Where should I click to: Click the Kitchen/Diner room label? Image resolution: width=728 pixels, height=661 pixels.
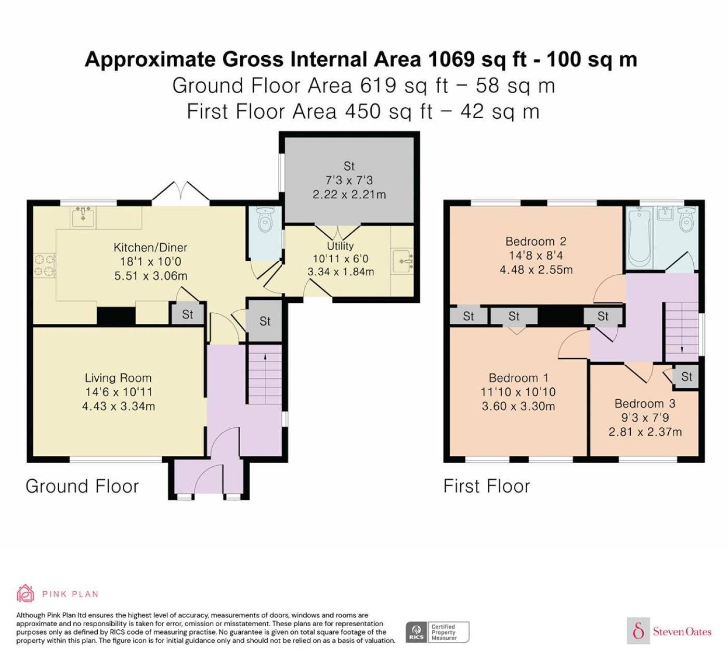click(150, 247)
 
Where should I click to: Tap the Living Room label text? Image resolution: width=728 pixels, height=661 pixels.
click(118, 378)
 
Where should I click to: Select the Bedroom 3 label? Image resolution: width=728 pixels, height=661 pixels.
click(645, 403)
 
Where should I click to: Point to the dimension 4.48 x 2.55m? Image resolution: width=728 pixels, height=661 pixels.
click(536, 270)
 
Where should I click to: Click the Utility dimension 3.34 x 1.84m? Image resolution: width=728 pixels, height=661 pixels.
click(341, 272)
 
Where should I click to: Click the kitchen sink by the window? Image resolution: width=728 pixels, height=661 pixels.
click(83, 217)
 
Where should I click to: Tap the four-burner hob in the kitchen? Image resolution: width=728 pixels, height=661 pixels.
click(45, 265)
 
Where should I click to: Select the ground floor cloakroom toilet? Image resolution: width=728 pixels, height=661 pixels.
click(266, 219)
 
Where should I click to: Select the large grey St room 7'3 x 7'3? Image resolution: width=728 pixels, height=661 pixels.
click(349, 180)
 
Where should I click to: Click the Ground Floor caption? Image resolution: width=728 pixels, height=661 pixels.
click(82, 486)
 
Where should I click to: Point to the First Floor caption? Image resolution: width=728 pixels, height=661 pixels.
click(487, 486)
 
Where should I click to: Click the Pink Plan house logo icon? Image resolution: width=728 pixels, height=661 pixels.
click(25, 593)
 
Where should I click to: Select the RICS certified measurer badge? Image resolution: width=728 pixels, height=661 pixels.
click(437, 632)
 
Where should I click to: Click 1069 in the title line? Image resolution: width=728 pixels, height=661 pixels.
click(451, 59)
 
